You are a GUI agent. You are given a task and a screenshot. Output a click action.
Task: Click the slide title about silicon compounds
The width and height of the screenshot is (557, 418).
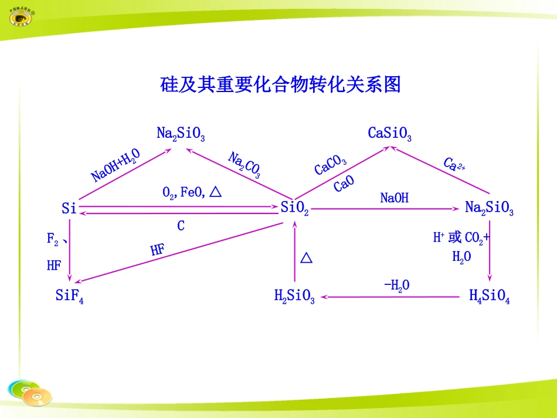pos(280,85)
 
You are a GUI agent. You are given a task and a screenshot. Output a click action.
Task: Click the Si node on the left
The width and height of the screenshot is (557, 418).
pos(69,208)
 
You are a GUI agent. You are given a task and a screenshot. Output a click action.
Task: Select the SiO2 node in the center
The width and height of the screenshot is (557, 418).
pos(294,208)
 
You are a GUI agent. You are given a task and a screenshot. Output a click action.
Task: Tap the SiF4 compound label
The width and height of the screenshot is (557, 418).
pos(69,297)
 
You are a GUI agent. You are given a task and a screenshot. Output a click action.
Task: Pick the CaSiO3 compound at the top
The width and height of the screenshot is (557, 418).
pos(389,134)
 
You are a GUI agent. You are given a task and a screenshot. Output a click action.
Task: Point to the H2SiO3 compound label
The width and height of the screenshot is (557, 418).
pos(294,297)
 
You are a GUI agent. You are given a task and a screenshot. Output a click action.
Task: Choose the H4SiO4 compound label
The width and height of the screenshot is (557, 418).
pos(490,297)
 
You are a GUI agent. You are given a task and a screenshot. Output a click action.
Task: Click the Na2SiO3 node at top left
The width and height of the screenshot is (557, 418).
pos(181,134)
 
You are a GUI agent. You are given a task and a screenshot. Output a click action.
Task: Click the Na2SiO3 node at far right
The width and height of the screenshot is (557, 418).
pos(489,208)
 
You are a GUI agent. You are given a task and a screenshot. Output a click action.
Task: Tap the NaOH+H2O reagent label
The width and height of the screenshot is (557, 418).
pos(116,165)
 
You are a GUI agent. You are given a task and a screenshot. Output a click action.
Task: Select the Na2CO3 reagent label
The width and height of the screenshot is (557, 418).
pos(244,165)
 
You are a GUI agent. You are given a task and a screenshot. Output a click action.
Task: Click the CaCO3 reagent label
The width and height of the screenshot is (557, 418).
pos(330,165)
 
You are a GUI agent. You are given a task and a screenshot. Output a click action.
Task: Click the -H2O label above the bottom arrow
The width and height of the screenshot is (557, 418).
pos(397,286)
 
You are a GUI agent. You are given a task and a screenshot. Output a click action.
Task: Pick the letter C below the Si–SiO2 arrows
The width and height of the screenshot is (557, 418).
pos(181,226)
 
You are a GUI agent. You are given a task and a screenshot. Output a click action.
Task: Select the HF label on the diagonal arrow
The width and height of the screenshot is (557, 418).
pos(157,250)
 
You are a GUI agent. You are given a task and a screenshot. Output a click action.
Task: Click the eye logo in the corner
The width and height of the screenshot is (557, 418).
pos(21,17)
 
